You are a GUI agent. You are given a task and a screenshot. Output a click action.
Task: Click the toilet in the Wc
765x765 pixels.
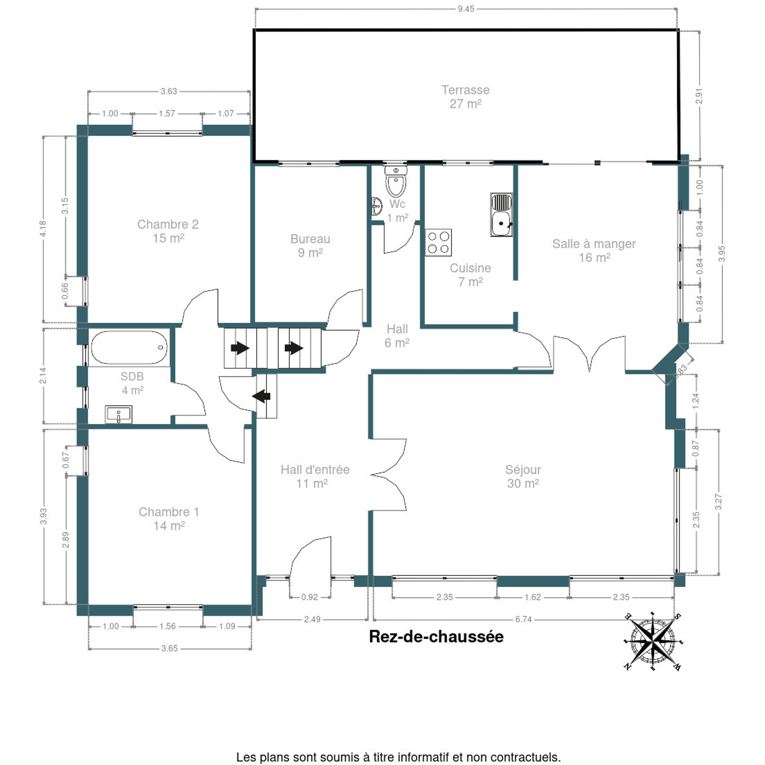pyautogui.click(x=396, y=182)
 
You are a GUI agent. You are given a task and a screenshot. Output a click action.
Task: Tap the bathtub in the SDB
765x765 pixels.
pyautogui.click(x=130, y=348)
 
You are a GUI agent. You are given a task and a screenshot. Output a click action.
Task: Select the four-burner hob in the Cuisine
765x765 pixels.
pyautogui.click(x=438, y=243)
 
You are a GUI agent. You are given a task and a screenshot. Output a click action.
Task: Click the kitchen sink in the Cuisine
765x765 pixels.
pyautogui.click(x=501, y=215)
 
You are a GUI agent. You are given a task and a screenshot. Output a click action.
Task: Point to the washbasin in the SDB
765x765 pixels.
pyautogui.click(x=118, y=414)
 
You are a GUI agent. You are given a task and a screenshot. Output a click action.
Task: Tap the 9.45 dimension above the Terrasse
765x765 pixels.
pyautogui.click(x=466, y=8)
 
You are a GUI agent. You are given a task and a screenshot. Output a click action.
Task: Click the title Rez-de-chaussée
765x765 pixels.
pyautogui.click(x=436, y=636)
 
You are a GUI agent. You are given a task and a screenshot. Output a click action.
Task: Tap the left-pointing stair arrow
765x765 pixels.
pyautogui.click(x=261, y=396)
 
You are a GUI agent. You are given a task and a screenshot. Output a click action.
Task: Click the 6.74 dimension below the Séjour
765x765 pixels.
pyautogui.click(x=523, y=619)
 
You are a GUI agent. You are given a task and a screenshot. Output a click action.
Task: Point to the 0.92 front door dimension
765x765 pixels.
pyautogui.click(x=309, y=597)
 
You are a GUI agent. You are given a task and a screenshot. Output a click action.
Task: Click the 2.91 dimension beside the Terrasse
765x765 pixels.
pyautogui.click(x=699, y=96)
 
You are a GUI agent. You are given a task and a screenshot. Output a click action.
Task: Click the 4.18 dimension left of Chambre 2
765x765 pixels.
pyautogui.click(x=43, y=228)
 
